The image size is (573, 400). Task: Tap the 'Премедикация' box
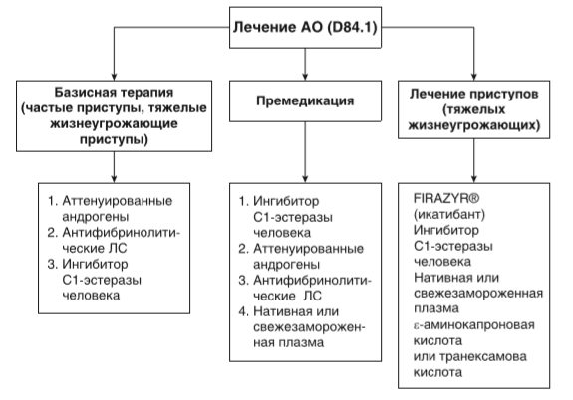pyautogui.click(x=304, y=101)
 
